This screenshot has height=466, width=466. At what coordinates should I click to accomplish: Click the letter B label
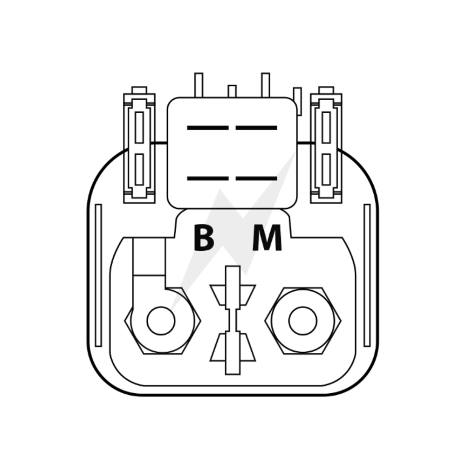204,238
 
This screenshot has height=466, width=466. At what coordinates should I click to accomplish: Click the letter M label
267,238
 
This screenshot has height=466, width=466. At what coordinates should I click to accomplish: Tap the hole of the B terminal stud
161,321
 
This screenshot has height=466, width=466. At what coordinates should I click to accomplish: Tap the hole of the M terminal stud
302,321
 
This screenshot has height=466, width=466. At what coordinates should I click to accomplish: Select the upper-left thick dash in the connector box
208,128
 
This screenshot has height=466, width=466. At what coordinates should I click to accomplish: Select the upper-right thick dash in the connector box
256,128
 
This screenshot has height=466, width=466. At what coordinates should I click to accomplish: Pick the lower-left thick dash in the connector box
208,178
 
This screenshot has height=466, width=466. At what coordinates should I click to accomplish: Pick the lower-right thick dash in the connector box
256,178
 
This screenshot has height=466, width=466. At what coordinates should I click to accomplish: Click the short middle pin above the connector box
232,91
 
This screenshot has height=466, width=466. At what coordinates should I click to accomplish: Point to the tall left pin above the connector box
199,85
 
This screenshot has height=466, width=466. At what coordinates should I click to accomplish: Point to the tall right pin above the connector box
266,85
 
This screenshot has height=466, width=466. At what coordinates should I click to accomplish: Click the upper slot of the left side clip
139,128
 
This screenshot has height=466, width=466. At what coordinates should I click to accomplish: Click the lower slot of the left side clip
139,170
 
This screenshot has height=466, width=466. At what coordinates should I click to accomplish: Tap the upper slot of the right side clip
326,128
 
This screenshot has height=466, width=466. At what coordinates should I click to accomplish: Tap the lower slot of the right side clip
326,170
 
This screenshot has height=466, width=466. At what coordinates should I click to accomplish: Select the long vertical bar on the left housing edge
98,275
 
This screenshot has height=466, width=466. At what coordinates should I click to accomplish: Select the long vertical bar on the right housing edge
367,275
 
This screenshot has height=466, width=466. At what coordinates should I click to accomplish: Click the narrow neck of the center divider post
233,320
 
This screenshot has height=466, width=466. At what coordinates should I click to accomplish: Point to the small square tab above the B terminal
149,256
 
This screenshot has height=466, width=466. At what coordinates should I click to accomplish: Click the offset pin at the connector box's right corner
297,101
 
